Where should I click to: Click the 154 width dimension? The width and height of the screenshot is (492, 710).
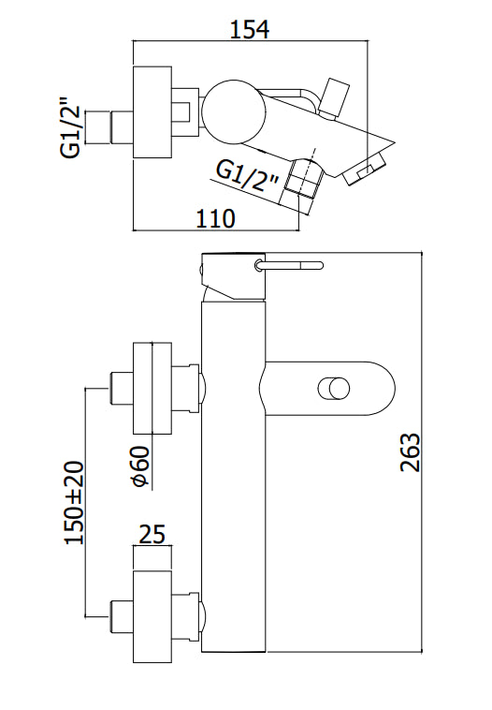[x=250, y=28]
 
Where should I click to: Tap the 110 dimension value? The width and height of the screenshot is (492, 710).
[x=215, y=218]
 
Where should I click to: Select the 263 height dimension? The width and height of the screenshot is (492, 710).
[x=410, y=452]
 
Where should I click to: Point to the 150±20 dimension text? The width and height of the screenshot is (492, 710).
[x=75, y=503]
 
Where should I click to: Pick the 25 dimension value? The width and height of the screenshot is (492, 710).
[x=152, y=534]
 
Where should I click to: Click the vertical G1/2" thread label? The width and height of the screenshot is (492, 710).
[x=70, y=126]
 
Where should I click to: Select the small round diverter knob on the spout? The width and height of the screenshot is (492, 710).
[x=335, y=389]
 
